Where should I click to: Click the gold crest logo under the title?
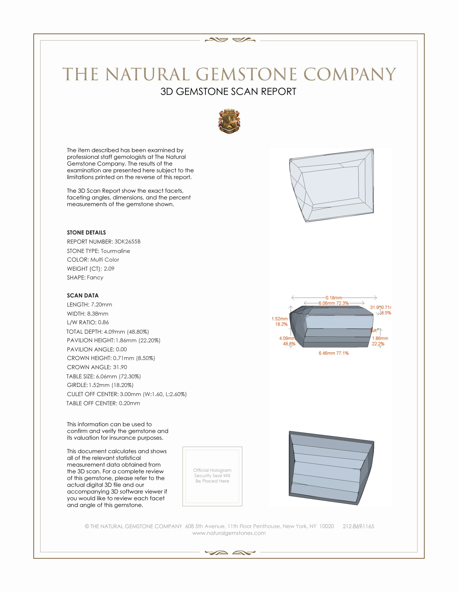pyautogui.click(x=229, y=121)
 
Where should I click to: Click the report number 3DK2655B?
pyautogui.click(x=127, y=242)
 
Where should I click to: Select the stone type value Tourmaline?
pyautogui.click(x=115, y=251)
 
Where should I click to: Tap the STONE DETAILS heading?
pyautogui.click(x=86, y=232)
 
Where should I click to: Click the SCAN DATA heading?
pyautogui.click(x=83, y=295)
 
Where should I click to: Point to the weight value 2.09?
pyautogui.click(x=109, y=269)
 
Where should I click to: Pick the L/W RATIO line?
pyautogui.click(x=88, y=322)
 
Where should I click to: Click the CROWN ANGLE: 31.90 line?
pyautogui.click(x=97, y=367)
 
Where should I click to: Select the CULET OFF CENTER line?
pyautogui.click(x=127, y=394)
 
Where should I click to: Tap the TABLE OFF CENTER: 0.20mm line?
pyautogui.click(x=103, y=403)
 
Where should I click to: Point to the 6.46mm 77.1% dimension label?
pyautogui.click(x=334, y=353)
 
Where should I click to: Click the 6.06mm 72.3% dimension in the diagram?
pyautogui.click(x=334, y=303)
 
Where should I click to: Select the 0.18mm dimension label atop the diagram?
pyautogui.click(x=334, y=298)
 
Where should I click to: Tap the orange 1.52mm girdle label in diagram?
pyautogui.click(x=279, y=319)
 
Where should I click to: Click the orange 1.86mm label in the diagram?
pyautogui.click(x=380, y=338)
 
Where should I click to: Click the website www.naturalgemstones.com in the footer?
pyautogui.click(x=229, y=533)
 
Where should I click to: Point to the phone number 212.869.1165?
pyautogui.click(x=358, y=526)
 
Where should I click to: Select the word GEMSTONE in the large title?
pyautogui.click(x=246, y=74)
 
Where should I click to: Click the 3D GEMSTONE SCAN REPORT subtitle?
pyautogui.click(x=228, y=91)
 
